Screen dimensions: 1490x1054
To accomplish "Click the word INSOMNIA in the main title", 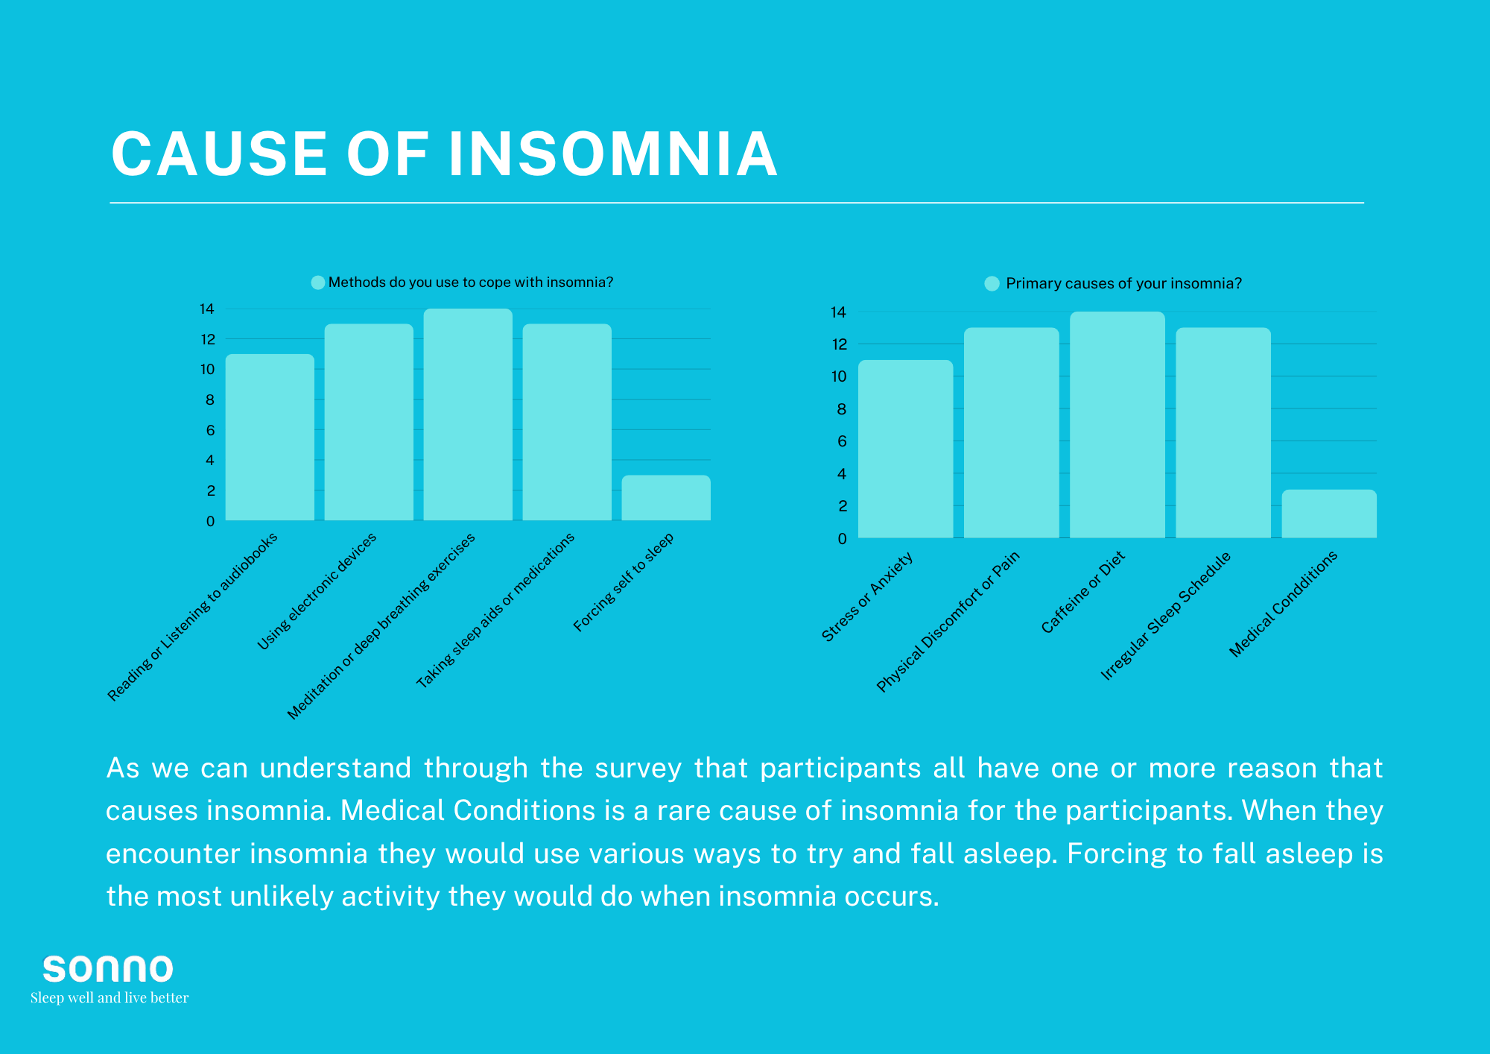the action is pyautogui.click(x=612, y=154).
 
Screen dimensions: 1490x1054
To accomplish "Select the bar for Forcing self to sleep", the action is pyautogui.click(x=666, y=498).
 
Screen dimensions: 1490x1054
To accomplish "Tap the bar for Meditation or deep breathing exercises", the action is pyautogui.click(x=468, y=414).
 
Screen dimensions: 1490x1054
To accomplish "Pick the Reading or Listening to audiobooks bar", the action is pyautogui.click(x=270, y=438).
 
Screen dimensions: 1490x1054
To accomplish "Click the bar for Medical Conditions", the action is pyautogui.click(x=1329, y=514).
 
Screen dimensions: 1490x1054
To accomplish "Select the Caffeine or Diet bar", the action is pyautogui.click(x=1117, y=425).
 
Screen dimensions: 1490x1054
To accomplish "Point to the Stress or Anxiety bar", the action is pyautogui.click(x=905, y=449).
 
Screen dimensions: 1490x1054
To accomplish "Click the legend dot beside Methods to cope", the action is pyautogui.click(x=318, y=283).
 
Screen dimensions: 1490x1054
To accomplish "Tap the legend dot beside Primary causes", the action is pyautogui.click(x=992, y=284).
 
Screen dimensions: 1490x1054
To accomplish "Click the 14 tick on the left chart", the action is pyautogui.click(x=207, y=309).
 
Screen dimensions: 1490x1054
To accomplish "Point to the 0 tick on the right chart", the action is pyautogui.click(x=842, y=538).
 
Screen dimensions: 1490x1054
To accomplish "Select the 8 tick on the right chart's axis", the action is pyautogui.click(x=842, y=408).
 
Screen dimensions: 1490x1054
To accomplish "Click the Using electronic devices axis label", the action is pyautogui.click(x=317, y=591).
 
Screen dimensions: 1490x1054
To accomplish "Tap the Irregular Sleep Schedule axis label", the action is pyautogui.click(x=1166, y=616).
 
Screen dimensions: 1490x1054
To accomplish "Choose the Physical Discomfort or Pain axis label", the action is pyautogui.click(x=948, y=622).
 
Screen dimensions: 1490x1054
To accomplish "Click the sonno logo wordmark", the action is pyautogui.click(x=108, y=969).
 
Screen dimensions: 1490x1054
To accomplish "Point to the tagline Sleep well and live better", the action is pyautogui.click(x=110, y=997).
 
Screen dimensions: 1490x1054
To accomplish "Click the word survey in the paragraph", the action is pyautogui.click(x=638, y=768).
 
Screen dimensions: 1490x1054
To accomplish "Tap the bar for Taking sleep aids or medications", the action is pyautogui.click(x=567, y=422).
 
